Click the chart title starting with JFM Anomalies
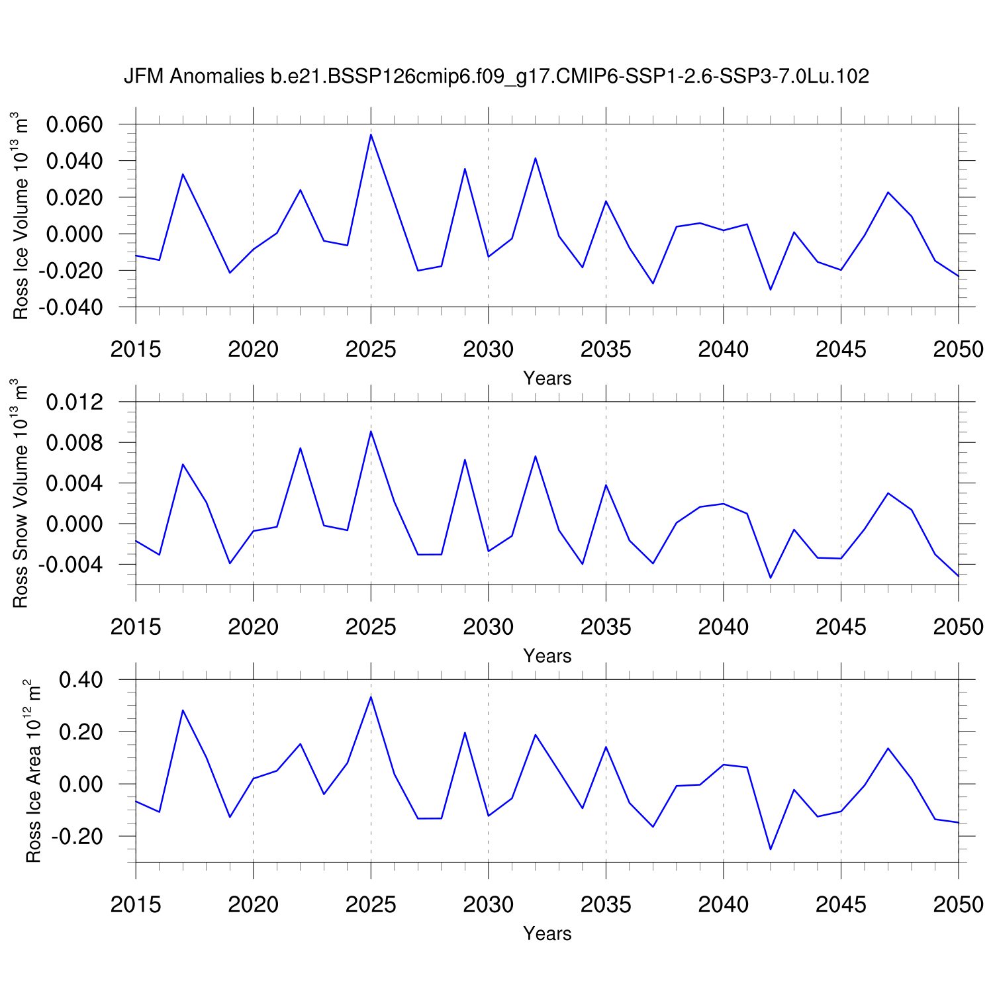tap(496, 77)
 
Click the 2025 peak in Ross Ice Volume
tap(371, 135)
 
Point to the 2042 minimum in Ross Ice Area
tap(771, 849)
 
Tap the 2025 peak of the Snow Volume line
tap(371, 432)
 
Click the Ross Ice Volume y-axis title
tap(23, 215)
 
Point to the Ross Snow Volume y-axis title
tap(23, 493)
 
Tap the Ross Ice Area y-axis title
tap(33, 771)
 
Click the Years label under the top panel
tap(547, 378)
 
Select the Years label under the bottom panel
tap(547, 933)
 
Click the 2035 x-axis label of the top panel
tap(606, 350)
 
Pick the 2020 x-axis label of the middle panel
tap(253, 627)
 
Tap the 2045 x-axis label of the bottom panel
tap(841, 904)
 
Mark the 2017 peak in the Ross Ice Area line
tap(183, 710)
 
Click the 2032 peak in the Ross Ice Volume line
tap(535, 158)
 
